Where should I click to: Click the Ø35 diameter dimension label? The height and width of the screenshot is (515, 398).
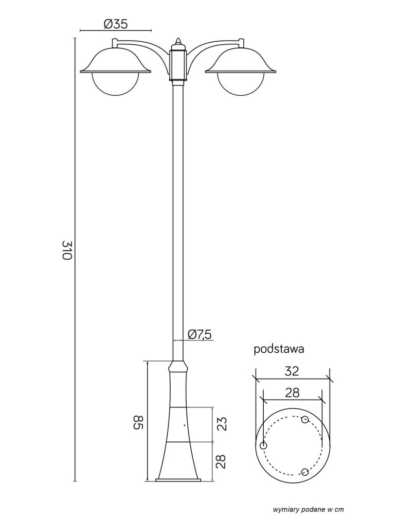116,24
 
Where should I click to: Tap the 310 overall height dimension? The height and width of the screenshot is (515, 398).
67,250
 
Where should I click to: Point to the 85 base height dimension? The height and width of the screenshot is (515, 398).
139,422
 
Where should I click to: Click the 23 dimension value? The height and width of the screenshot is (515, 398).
222,424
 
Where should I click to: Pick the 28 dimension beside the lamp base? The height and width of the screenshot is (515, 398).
222,462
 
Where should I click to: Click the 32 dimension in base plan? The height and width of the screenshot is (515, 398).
292,371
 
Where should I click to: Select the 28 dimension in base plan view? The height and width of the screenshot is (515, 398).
292,392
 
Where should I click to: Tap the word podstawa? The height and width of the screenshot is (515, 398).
279,349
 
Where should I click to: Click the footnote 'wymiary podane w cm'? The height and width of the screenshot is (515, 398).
309,509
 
